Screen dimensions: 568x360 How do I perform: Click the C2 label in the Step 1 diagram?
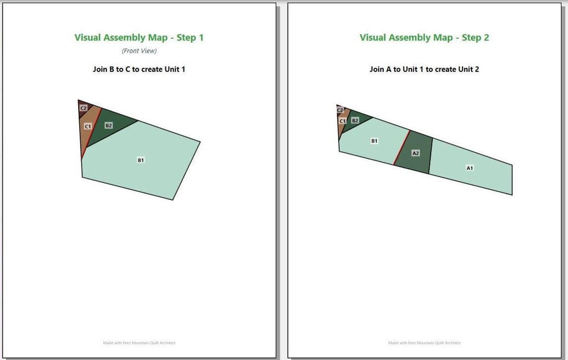[x=84, y=108]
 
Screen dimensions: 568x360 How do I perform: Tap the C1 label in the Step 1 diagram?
[x=88, y=126]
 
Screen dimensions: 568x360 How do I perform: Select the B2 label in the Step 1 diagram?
[x=109, y=126]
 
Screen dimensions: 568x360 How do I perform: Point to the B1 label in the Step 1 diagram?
[x=141, y=160]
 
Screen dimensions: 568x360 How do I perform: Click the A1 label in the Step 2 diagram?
[x=470, y=168]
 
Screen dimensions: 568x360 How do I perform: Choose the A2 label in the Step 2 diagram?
[x=416, y=153]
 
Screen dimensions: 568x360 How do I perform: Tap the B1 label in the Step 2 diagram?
[x=374, y=141]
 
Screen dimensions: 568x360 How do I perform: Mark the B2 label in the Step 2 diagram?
[x=356, y=120]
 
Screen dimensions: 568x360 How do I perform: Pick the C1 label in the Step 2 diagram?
[x=343, y=121]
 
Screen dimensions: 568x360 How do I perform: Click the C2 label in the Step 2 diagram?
[x=340, y=110]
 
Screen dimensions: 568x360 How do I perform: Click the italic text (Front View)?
[x=139, y=51]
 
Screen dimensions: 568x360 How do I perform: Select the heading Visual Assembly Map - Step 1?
[x=139, y=38]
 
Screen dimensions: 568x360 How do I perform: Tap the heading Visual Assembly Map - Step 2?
[x=424, y=38]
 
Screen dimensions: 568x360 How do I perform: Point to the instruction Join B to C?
[x=111, y=69]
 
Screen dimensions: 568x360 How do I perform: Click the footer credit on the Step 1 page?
[x=139, y=343]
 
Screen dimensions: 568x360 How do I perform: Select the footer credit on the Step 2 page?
[x=424, y=343]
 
